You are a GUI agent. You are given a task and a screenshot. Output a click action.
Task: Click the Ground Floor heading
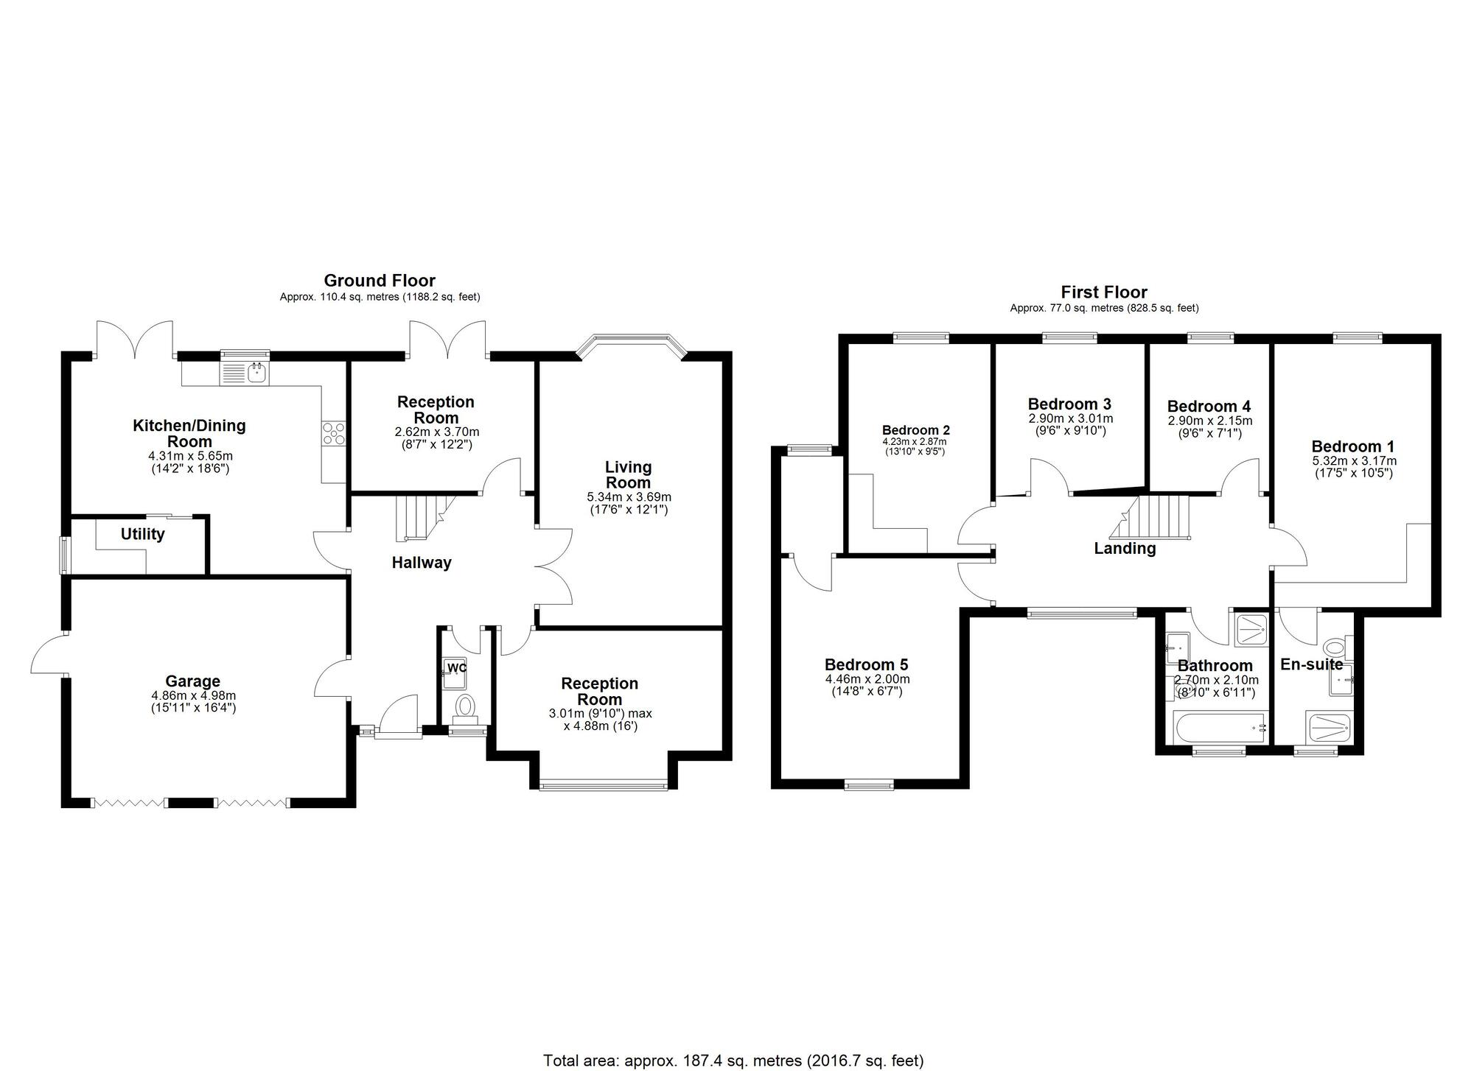point(380,281)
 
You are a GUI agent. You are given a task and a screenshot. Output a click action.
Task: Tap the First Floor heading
point(1104,292)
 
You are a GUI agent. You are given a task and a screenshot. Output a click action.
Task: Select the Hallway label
point(421,563)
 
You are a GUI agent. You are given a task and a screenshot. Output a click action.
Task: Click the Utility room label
point(142,534)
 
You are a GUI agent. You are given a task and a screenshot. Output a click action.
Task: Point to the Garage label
point(192,681)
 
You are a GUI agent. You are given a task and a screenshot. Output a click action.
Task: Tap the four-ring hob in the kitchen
point(334,433)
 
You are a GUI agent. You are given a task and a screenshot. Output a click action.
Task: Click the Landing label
point(1125,549)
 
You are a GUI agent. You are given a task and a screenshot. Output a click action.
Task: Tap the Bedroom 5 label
point(866,664)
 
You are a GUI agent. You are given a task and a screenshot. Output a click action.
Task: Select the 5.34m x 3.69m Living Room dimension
point(629,497)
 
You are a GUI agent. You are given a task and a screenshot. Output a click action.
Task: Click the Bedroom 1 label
point(1353,446)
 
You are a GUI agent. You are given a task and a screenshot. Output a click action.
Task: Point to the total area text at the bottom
point(733,1061)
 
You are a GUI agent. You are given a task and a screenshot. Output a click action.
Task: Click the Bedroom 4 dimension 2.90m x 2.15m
point(1209,421)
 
